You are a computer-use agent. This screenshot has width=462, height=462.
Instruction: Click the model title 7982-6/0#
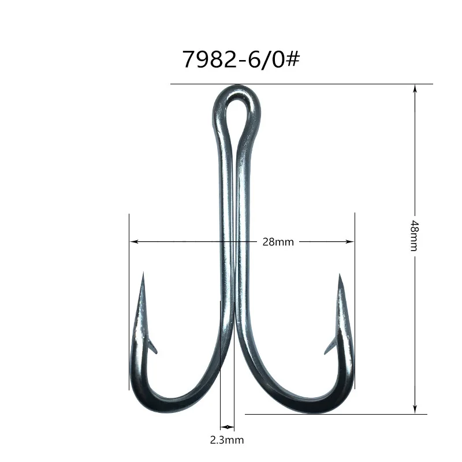241,59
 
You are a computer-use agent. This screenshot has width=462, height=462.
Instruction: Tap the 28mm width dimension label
278,242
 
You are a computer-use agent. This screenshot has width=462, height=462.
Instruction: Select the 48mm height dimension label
414,236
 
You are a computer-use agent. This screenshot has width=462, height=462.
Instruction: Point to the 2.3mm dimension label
227,440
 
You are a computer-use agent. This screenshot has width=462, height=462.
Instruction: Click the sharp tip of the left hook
143,273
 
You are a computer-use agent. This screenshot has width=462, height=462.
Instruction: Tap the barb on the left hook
152,346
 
